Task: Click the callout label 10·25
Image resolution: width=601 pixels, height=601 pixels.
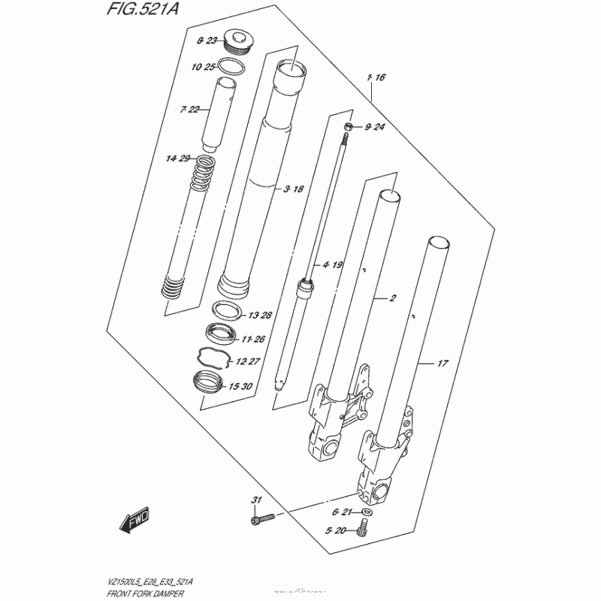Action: [x=203, y=68]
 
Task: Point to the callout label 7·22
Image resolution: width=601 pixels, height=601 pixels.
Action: [x=189, y=110]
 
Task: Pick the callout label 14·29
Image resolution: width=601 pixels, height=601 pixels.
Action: [x=179, y=158]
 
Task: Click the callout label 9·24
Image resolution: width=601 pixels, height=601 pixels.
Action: [x=374, y=127]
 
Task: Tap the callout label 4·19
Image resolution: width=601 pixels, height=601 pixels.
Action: [x=332, y=264]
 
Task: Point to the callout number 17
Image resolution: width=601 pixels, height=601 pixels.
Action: [x=442, y=364]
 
